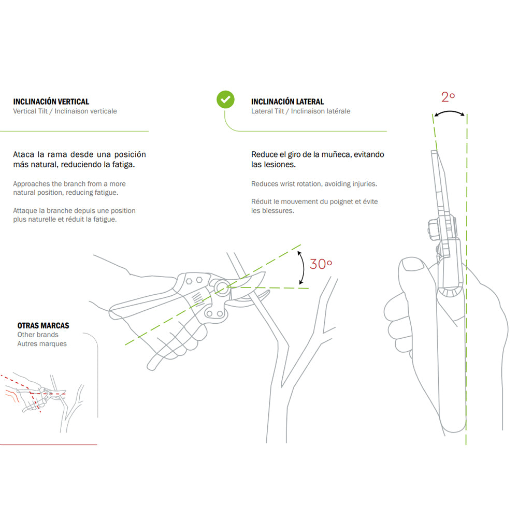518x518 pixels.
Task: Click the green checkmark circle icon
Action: coord(225,99)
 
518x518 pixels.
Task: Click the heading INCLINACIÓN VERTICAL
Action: coord(51,102)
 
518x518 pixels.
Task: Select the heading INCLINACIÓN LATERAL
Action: coord(287,102)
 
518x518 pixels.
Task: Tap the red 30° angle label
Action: coord(321,264)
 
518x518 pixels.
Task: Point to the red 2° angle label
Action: coord(448,96)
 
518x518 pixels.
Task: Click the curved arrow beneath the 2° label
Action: coord(449,113)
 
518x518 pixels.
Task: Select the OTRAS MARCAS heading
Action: coord(43,326)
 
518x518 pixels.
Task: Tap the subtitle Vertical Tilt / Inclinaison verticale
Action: coord(65,111)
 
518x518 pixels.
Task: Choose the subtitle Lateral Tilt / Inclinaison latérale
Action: coord(300,111)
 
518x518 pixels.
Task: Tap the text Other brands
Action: coord(38,335)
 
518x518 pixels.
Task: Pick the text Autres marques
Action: coord(42,344)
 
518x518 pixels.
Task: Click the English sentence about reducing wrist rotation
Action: coord(314,184)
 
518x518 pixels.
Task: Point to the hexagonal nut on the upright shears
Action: coord(433,227)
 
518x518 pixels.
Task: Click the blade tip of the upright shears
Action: coord(433,152)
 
